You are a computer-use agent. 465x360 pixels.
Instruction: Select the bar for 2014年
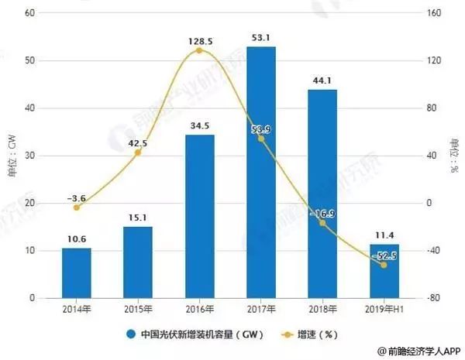[77, 273]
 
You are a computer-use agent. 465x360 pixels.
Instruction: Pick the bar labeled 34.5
[199, 216]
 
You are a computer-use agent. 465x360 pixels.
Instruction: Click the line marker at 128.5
[199, 50]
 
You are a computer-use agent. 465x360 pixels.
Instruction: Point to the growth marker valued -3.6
[77, 207]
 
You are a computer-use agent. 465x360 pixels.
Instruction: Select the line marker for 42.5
[138, 153]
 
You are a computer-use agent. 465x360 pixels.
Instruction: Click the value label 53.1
[260, 36]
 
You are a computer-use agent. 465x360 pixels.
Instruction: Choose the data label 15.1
[138, 218]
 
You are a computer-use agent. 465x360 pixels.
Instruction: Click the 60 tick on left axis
[32, 13]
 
